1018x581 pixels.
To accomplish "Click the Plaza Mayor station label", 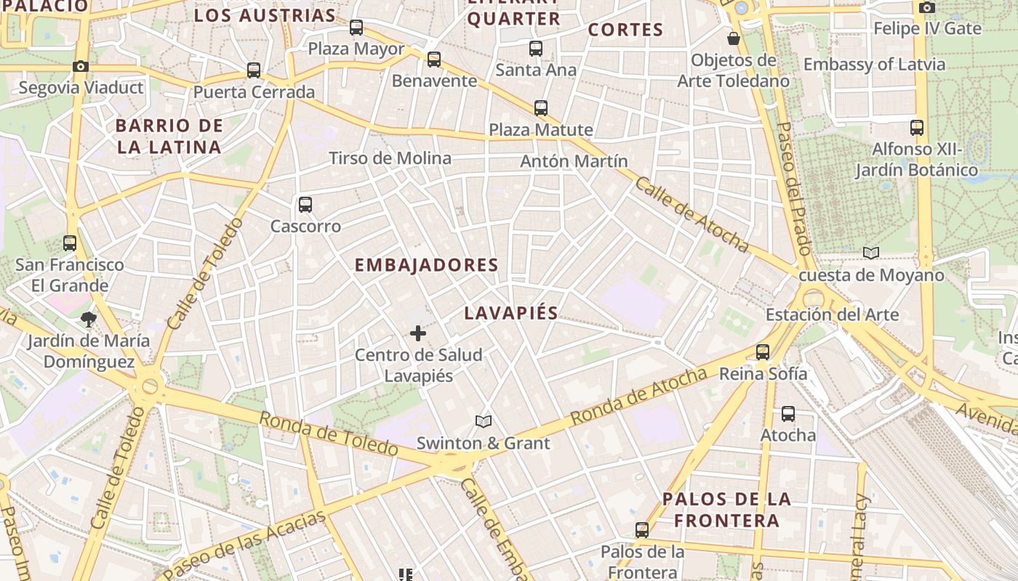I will pos(356,49).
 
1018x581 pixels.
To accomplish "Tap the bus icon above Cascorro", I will pos(305,205).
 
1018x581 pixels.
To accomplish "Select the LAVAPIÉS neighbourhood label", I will pos(511,313).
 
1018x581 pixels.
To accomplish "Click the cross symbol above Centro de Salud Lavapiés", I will pos(418,333).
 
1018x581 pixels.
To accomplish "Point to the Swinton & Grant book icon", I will pos(484,421).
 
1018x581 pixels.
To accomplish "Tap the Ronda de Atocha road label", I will pos(638,397).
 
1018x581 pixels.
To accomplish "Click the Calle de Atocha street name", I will pos(692,214).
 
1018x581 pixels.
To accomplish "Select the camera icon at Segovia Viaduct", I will pos(81,67).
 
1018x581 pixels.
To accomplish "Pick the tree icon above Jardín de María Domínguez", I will pos(89,319).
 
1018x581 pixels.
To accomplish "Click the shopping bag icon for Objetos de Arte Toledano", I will pos(734,38).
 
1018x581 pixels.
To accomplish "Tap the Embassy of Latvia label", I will pos(874,65).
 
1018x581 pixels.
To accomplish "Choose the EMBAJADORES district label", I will pos(426,265).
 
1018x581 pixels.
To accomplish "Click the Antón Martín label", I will pos(574,161).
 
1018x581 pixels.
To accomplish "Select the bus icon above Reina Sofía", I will pos(763,352).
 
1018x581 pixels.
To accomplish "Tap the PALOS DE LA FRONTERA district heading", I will pos(726,510).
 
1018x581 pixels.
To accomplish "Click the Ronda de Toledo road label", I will pos(329,434).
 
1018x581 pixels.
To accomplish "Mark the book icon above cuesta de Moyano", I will pos(871,253).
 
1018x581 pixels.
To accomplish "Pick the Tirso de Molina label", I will pos(390,158).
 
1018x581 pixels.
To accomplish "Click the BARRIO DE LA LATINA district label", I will pos(169,137).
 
